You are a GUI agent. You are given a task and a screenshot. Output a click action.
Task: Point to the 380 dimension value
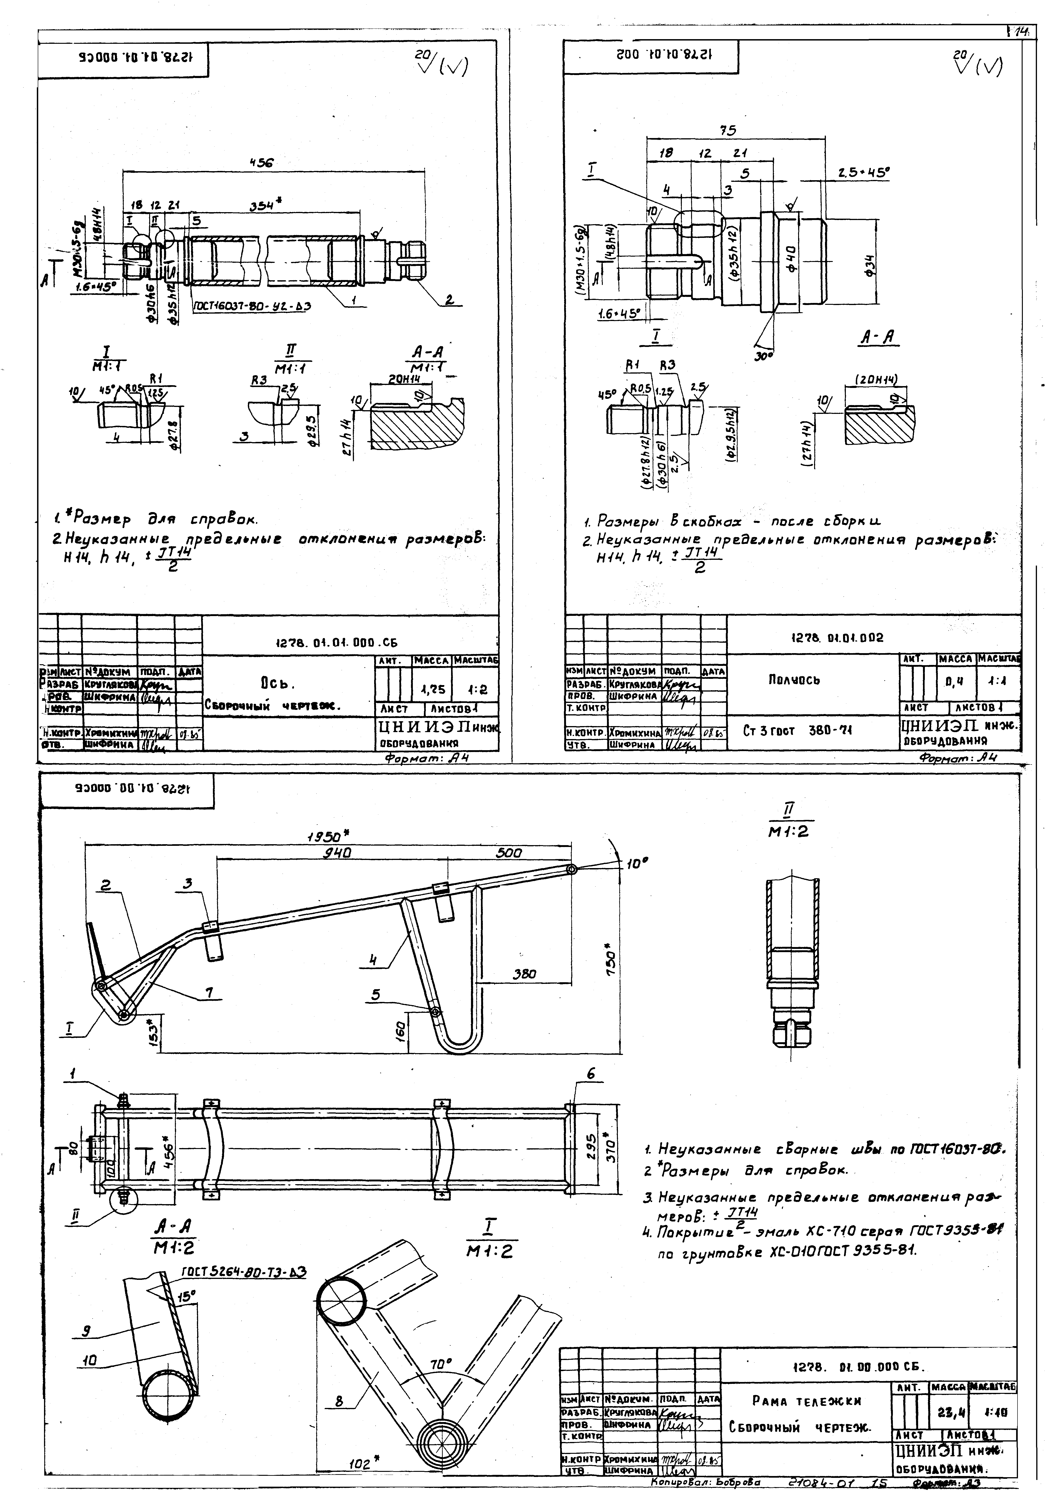[x=524, y=974]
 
